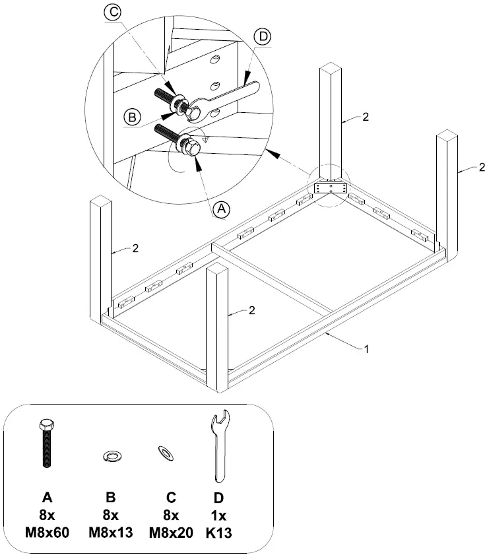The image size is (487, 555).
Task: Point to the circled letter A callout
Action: (222, 208)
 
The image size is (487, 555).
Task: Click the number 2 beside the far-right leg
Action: (482, 166)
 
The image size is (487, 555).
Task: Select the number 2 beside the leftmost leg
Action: (135, 249)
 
